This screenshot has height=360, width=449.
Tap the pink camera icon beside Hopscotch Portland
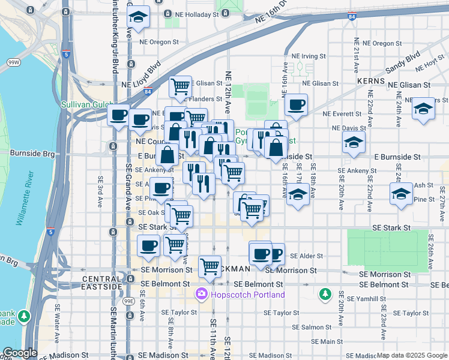[200, 295]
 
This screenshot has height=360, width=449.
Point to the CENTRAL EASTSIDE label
[103, 279]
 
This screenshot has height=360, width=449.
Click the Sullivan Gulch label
[84, 104]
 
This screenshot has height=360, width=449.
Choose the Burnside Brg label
[23, 154]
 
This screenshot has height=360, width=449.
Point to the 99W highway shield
[13, 62]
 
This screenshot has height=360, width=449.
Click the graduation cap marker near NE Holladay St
[138, 18]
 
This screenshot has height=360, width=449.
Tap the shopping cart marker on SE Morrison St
[209, 265]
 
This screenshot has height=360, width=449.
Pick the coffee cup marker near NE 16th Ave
[296, 105]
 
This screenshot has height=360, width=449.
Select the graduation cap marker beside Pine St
[401, 194]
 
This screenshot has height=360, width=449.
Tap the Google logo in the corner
[20, 353]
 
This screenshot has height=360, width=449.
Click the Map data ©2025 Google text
[412, 355]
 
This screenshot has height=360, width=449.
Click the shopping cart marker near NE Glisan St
[180, 87]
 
